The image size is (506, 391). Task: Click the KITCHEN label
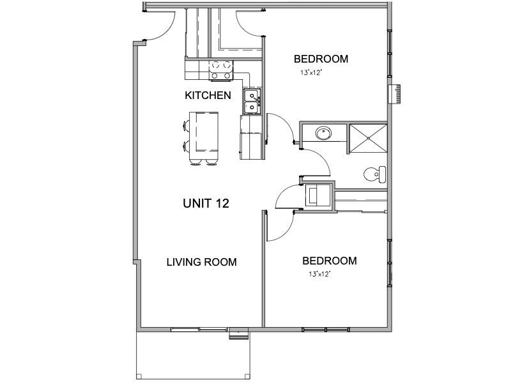[208, 96]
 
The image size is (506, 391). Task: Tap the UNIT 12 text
[206, 203]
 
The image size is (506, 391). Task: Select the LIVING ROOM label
[202, 262]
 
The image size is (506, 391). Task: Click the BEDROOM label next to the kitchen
[321, 59]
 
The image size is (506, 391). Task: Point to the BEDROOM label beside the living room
[329, 261]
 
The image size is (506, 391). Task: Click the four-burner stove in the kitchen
[222, 70]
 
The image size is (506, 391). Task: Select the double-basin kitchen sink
[251, 101]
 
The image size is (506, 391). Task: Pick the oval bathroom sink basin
[323, 134]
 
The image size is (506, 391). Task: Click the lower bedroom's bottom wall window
[325, 329]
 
